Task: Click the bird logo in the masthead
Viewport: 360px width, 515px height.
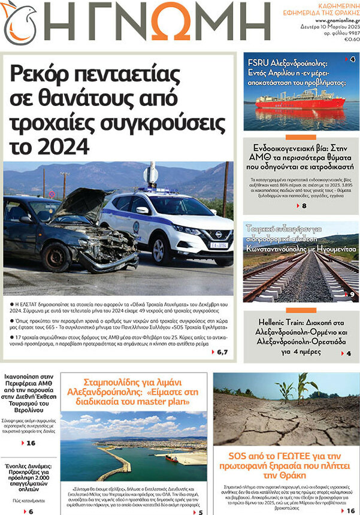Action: click(19, 23)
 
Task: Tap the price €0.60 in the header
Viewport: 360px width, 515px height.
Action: click(352, 40)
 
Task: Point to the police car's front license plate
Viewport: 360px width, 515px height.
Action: click(219, 245)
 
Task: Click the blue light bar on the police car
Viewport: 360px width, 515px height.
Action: click(154, 190)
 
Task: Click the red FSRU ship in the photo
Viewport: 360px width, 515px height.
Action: click(300, 102)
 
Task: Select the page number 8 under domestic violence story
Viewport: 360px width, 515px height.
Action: click(304, 206)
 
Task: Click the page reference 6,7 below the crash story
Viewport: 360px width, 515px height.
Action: click(222, 352)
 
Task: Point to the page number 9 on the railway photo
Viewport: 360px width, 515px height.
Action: click(352, 294)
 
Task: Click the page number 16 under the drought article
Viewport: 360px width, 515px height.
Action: click(350, 510)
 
